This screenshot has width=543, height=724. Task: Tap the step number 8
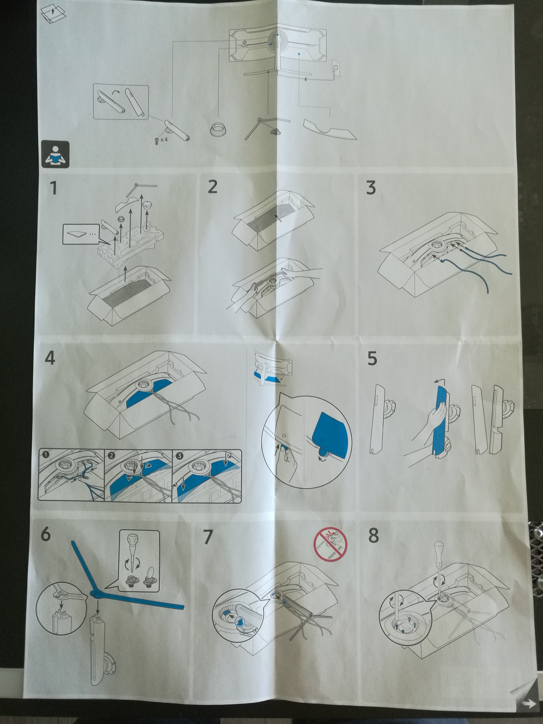click(x=373, y=535)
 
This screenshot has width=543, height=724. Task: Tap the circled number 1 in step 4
click(x=46, y=455)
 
